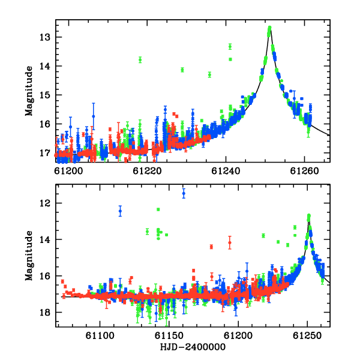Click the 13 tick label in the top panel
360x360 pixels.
tap(45, 37)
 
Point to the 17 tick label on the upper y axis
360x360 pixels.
tap(45, 153)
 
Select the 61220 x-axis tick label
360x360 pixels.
tap(147, 171)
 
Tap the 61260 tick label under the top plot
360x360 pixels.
tap(304, 171)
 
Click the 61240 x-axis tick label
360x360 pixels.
tap(226, 171)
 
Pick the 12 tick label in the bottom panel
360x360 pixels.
tap(45, 203)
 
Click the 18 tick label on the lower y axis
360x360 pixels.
tap(45, 313)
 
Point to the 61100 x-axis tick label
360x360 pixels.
tap(100, 335)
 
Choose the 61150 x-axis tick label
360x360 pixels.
tap(169, 335)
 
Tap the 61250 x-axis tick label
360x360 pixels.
tap(307, 335)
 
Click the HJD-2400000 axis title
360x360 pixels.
tap(193, 347)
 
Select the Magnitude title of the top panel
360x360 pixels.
tap(29, 91)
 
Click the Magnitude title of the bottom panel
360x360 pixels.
tap(29, 256)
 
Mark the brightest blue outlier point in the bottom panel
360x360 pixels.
tap(184, 193)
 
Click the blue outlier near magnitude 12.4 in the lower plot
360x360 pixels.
tap(121, 211)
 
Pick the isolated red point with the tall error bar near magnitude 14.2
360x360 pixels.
tap(230, 242)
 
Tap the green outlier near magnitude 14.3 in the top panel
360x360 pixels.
tap(209, 74)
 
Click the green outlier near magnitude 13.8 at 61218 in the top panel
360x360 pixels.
tap(140, 60)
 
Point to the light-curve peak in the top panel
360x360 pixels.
tap(270, 28)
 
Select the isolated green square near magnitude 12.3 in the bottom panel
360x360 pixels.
tap(158, 209)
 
